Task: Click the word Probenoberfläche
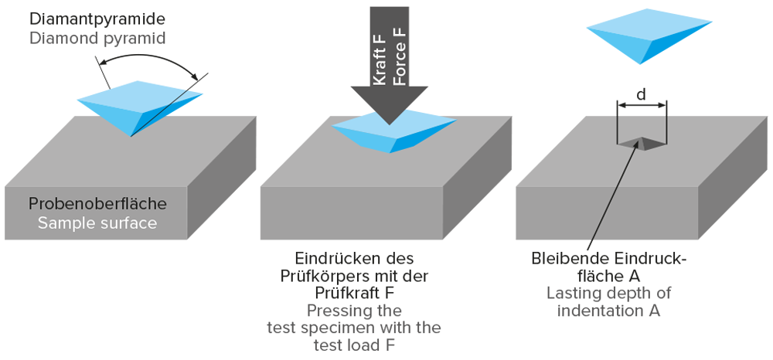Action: (97, 205)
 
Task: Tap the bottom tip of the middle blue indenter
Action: (392, 151)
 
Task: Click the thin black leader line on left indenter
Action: (162, 112)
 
